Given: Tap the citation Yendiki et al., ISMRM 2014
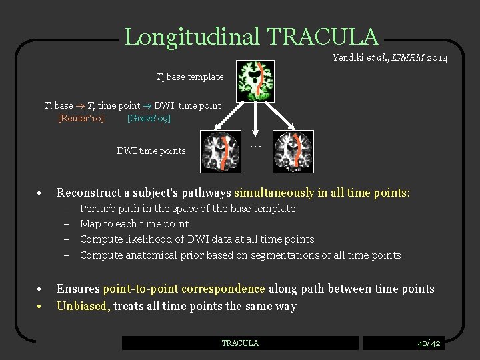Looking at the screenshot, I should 389,59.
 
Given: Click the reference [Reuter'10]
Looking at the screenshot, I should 81,118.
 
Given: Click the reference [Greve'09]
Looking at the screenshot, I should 149,118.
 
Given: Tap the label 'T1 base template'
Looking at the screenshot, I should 189,77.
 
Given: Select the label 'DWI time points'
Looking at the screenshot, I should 151,151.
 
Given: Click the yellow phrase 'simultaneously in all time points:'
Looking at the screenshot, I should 322,193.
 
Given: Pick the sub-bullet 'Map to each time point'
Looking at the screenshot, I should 134,224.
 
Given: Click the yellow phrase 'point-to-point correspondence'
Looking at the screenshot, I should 184,289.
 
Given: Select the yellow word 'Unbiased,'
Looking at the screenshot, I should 83,306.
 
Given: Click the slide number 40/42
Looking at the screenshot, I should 429,343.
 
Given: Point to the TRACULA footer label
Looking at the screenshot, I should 240,343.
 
